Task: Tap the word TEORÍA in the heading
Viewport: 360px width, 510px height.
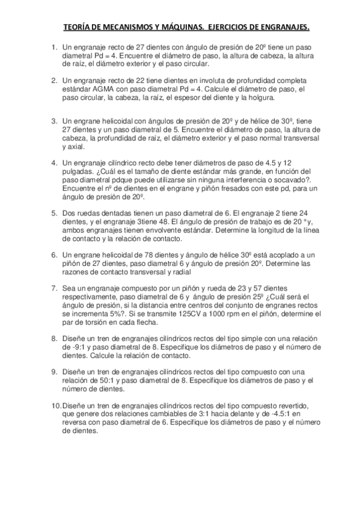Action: [79, 28]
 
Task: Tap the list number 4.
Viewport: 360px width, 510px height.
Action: [54, 162]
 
